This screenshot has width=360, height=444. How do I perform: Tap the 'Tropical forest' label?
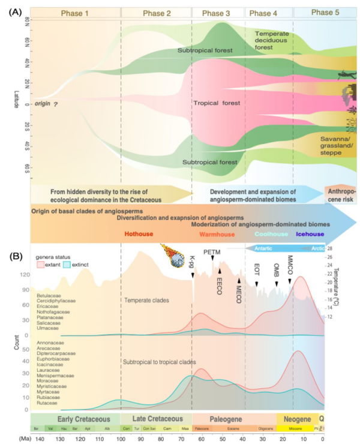(216, 103)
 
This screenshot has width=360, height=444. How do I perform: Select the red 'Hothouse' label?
(137, 235)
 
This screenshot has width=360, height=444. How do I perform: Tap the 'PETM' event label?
(212, 253)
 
